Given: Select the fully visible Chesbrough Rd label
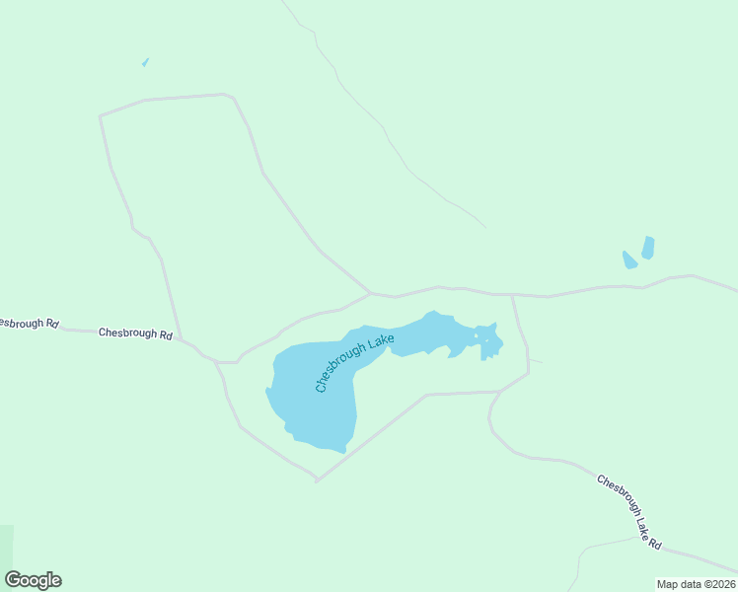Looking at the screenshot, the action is [x=135, y=333].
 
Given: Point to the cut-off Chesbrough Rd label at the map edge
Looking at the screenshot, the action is [x=29, y=323].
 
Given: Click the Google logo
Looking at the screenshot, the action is [x=33, y=580].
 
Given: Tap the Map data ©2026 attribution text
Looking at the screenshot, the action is [x=696, y=584].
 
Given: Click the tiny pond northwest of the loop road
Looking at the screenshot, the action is [x=145, y=63].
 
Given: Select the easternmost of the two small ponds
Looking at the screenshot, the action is [x=648, y=248].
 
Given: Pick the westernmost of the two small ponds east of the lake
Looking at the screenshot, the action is [x=628, y=260].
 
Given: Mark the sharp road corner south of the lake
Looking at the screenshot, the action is [x=316, y=481].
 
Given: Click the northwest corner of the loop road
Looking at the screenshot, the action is [x=101, y=116].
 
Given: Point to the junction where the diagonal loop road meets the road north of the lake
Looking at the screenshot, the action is [x=369, y=292].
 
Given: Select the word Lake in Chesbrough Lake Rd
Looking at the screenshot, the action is [x=638, y=521].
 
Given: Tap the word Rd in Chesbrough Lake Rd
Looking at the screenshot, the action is [x=655, y=542].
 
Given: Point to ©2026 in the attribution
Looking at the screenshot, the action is [x=717, y=584].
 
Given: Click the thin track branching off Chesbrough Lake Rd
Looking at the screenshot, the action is [x=592, y=549].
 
